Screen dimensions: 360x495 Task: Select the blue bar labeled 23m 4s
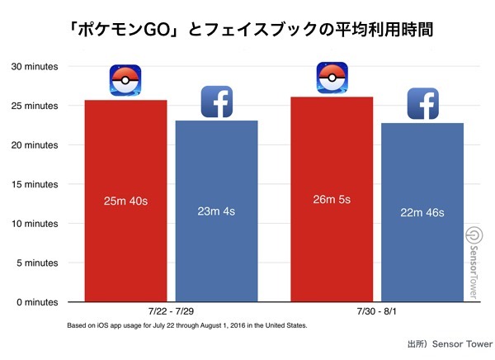click(x=216, y=211)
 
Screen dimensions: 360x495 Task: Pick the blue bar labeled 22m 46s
click(x=422, y=212)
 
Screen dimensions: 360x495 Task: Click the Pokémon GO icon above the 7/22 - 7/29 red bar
click(x=125, y=81)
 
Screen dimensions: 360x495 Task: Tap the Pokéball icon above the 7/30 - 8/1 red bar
click(x=332, y=78)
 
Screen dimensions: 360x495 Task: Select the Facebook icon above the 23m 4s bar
click(x=217, y=102)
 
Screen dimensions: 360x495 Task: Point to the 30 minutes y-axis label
click(x=34, y=66)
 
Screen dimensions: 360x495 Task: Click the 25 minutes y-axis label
click(x=34, y=106)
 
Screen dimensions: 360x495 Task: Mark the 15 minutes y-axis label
click(x=34, y=184)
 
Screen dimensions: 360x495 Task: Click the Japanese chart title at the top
click(x=248, y=31)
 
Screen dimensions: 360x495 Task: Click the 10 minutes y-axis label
click(x=34, y=224)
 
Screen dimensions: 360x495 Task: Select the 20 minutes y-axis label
click(x=34, y=145)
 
